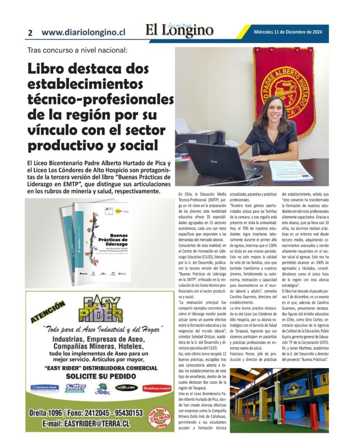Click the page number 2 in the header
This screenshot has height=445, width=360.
pyautogui.click(x=30, y=33)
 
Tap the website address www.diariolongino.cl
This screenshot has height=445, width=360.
pyautogui.click(x=83, y=32)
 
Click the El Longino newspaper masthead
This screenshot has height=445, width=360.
pyautogui.click(x=179, y=31)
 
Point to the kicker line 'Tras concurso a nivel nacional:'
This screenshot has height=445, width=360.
pyautogui.click(x=77, y=50)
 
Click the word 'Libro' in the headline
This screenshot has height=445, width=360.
pyautogui.click(x=51, y=69)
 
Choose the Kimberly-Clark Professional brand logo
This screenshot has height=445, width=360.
pyautogui.click(x=44, y=388)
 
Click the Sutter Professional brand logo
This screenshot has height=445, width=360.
pyautogui.click(x=76, y=388)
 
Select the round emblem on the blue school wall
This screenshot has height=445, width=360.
pyautogui.click(x=293, y=388)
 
